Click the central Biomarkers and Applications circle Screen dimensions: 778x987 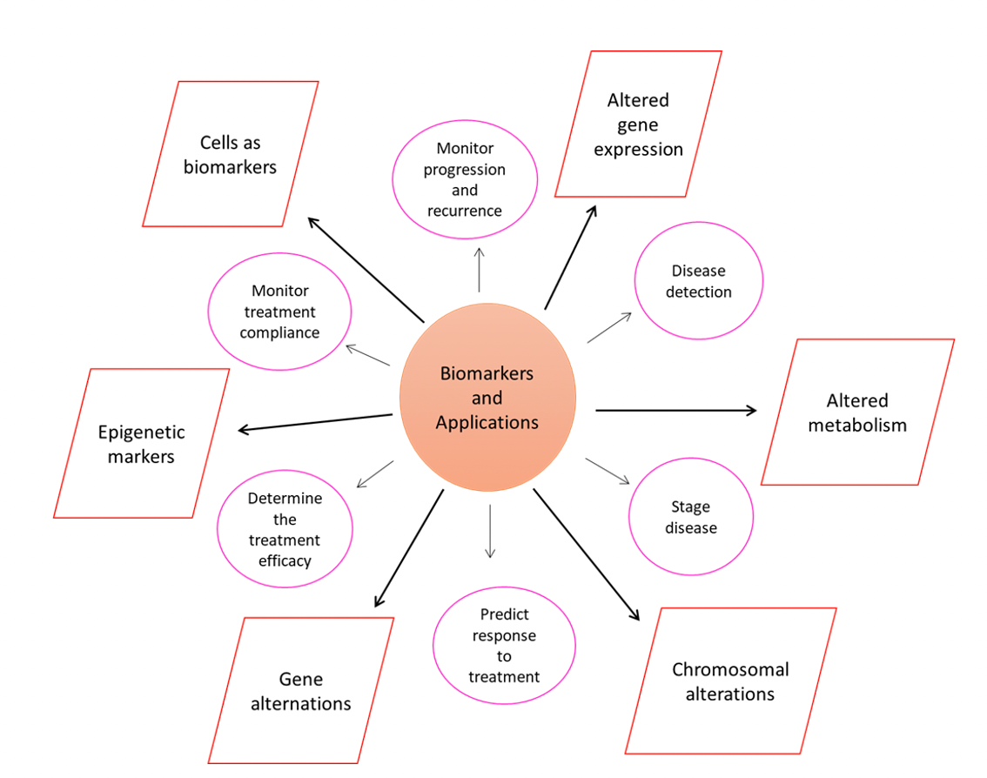[x=487, y=398]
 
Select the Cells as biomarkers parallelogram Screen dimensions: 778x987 [x=230, y=154]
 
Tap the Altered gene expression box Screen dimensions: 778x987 [x=638, y=124]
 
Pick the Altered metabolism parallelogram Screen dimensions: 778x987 [x=857, y=412]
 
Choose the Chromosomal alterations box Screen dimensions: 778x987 [x=730, y=681]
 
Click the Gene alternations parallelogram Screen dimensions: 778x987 [x=300, y=691]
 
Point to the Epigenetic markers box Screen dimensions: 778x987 [x=141, y=444]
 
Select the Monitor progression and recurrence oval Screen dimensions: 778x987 [x=465, y=179]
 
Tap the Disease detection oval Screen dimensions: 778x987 [x=698, y=281]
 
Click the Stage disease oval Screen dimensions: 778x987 [x=691, y=517]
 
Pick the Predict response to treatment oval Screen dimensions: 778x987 [x=504, y=646]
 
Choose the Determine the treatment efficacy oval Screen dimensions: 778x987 [x=285, y=529]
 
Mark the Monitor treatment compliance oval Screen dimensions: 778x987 [x=279, y=312]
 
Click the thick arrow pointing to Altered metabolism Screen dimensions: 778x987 [x=675, y=410]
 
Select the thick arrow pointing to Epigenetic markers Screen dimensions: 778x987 [x=315, y=422]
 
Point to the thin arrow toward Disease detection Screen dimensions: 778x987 [x=609, y=327]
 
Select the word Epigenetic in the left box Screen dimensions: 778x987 [x=141, y=432]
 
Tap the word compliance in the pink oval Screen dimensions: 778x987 [x=279, y=332]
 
